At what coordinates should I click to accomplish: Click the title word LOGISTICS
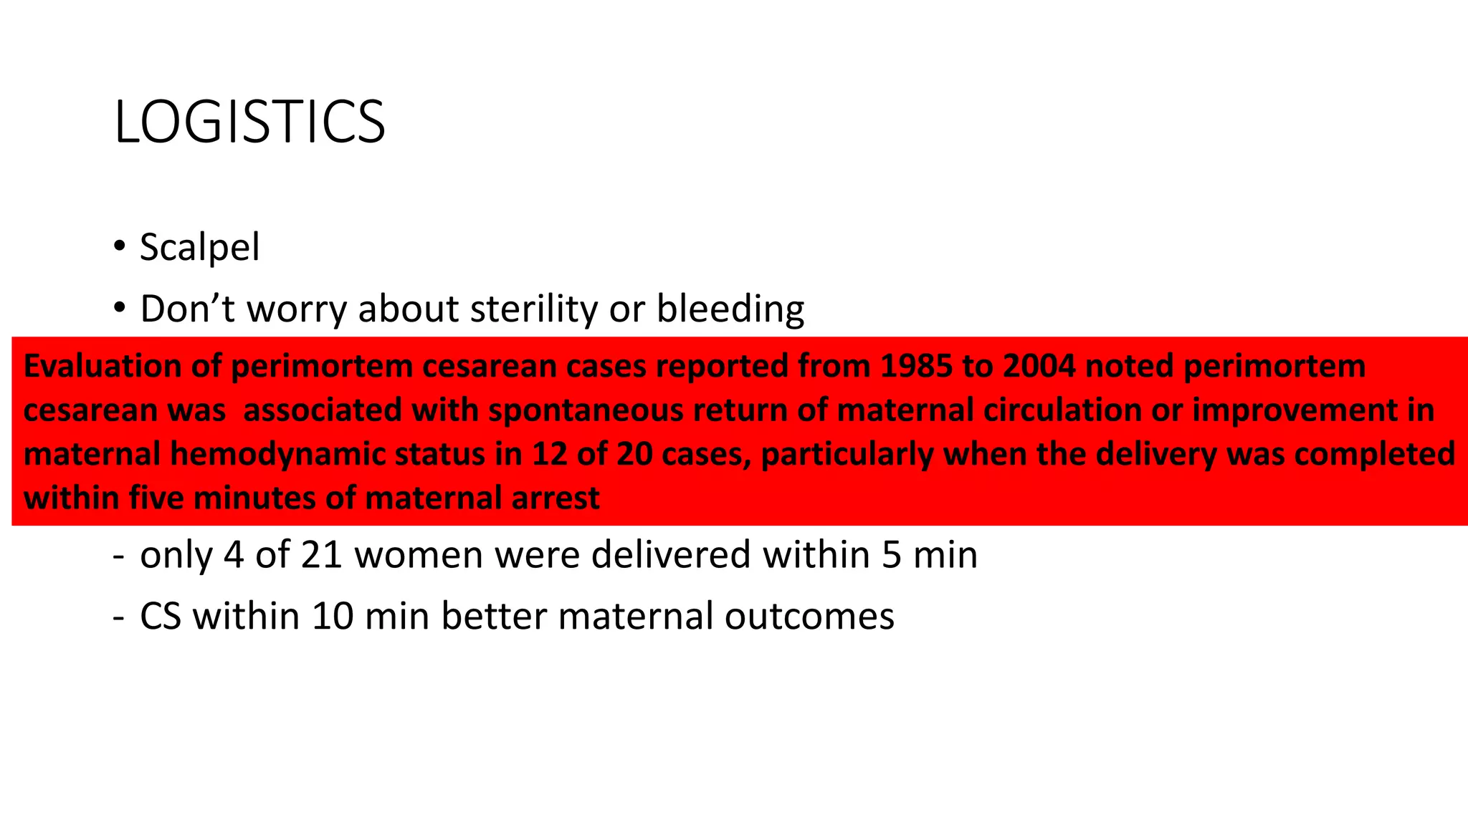click(249, 122)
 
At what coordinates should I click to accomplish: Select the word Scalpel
click(199, 248)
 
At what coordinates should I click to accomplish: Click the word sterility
click(533, 309)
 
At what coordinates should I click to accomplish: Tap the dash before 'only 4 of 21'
click(118, 555)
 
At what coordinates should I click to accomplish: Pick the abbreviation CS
click(161, 617)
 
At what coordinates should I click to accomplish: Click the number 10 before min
click(333, 617)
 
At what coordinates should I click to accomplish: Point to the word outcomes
click(809, 617)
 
